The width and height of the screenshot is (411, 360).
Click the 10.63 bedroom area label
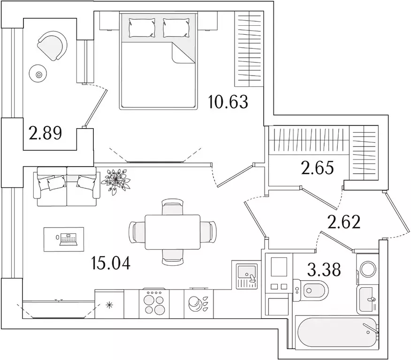(x=228, y=102)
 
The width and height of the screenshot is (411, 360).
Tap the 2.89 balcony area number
(x=46, y=133)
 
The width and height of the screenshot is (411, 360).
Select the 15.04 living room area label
(x=111, y=263)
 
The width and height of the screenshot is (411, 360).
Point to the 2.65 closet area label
(x=318, y=168)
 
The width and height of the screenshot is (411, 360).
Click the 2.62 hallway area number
(x=344, y=222)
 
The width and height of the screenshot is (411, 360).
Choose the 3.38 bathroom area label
(x=324, y=270)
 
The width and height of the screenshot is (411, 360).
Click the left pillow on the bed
(x=142, y=28)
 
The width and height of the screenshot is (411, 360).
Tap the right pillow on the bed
(x=176, y=28)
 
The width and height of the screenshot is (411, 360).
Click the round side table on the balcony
(x=38, y=75)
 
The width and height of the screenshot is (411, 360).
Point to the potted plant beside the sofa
(x=115, y=181)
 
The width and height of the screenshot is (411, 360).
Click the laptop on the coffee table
(x=68, y=239)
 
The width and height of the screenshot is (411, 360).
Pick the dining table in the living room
(x=173, y=232)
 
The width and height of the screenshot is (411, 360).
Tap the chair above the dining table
(x=173, y=207)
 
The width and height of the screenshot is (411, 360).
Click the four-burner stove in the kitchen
(x=154, y=303)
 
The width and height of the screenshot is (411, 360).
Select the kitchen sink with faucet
(x=247, y=276)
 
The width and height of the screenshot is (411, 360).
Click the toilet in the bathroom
(x=311, y=291)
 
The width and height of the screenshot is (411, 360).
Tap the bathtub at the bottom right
(x=337, y=332)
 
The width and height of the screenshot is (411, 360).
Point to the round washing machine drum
(x=368, y=268)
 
